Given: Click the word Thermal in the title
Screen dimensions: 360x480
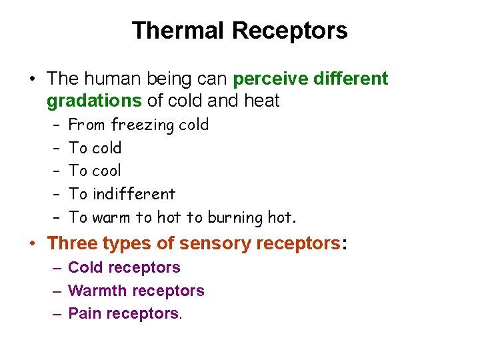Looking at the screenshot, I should coord(179,31).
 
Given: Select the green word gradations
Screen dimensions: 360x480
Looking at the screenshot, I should coord(94,101).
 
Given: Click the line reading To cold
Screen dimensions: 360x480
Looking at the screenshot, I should coord(95,148).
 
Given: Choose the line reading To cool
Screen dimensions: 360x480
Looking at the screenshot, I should coord(95,171).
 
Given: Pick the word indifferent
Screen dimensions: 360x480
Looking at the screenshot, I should coord(134,194).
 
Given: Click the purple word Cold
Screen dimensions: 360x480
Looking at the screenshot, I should coord(85,268).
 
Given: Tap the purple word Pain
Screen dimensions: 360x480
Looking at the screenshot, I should coord(84,313).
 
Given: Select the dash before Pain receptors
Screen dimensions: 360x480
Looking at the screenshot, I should coord(57,313).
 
